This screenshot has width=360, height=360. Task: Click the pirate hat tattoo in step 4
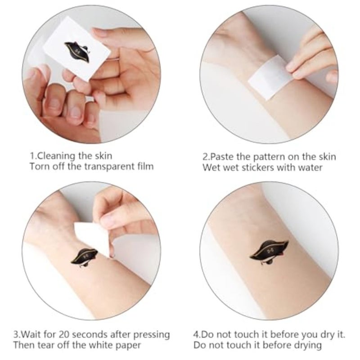click(x=269, y=252)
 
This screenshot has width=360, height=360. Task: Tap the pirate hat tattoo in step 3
click(x=84, y=257)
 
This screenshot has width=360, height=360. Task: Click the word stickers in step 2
click(x=258, y=167)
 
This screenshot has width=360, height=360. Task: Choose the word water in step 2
click(x=310, y=168)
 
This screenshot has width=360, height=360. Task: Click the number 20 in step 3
click(x=64, y=334)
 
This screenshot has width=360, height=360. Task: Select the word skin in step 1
click(x=103, y=156)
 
